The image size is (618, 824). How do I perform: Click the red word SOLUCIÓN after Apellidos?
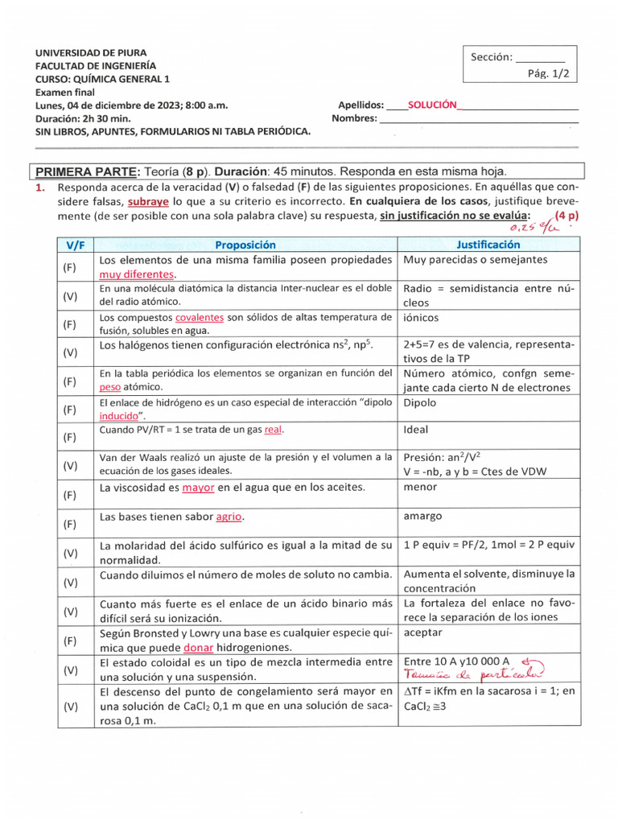tap(432, 105)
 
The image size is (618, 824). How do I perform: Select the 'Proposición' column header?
tap(245, 245)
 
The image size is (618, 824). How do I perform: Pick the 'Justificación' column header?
tap(488, 245)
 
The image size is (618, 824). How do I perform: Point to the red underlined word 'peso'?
tap(109, 387)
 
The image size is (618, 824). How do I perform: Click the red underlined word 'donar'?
tap(199, 647)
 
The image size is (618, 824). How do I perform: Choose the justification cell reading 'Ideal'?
tap(415, 430)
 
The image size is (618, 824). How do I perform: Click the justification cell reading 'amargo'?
tap(422, 516)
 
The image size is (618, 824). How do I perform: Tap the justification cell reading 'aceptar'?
tap(422, 632)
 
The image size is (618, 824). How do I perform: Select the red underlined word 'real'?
tap(274, 430)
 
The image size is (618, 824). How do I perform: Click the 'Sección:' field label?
tap(491, 57)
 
